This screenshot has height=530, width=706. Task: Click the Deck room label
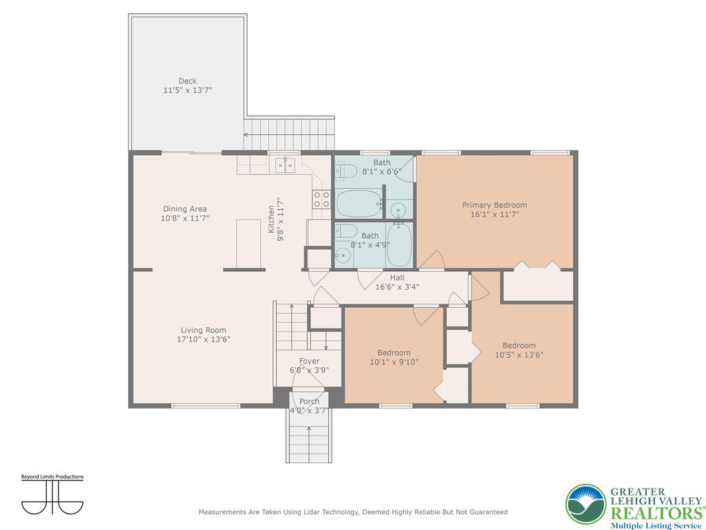(188, 81)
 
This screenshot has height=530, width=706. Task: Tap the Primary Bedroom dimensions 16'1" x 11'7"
(494, 215)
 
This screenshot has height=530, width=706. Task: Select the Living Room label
(203, 330)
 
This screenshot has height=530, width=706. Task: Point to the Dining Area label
(185, 208)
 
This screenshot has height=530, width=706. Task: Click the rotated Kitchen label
(271, 219)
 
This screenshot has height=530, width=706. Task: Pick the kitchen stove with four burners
(322, 199)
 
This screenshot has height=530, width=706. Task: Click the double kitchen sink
(285, 165)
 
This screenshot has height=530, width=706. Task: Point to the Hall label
(397, 277)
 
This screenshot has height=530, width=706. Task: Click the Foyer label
(310, 361)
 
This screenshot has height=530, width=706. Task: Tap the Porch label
(310, 401)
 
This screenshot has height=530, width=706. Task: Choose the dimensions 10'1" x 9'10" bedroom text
(394, 362)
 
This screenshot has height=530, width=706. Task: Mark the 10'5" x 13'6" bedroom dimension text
(519, 355)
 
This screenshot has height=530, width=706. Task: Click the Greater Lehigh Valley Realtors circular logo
(586, 504)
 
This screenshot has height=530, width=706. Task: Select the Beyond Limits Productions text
(52, 477)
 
